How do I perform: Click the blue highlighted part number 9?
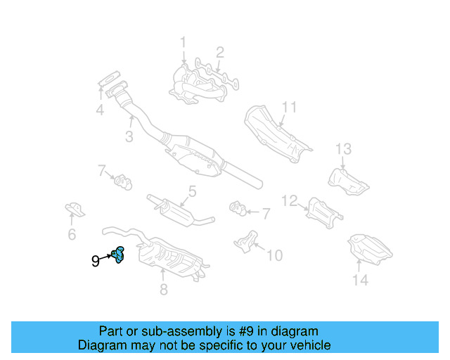coord(118,255)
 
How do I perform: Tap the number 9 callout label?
coord(95,262)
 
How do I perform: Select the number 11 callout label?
coord(290,108)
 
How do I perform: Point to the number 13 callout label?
coord(342,149)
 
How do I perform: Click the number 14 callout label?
coord(360,281)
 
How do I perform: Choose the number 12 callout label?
coord(290,200)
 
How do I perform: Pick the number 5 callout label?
coord(191,191)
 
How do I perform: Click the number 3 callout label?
coord(129,137)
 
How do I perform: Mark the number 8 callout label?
coord(163,288)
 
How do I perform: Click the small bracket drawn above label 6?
coord(74,209)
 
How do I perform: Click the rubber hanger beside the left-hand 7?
coord(123,181)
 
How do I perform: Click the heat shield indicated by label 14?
coord(370,247)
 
